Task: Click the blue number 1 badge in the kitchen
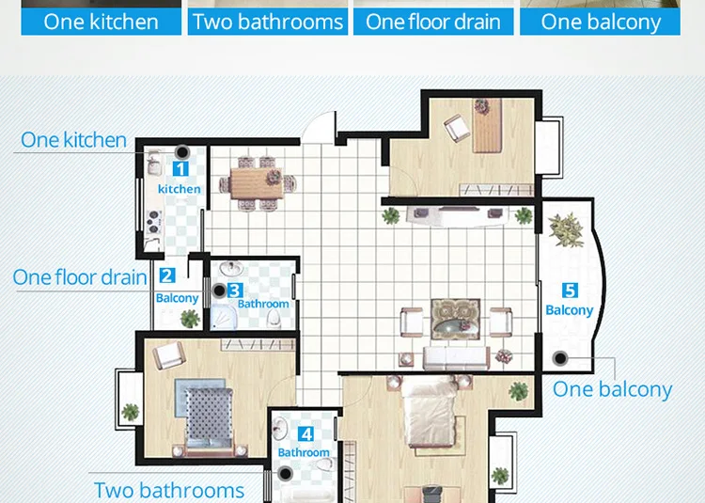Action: click(180, 169)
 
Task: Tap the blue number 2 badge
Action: click(167, 275)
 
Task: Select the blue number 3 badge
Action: click(235, 291)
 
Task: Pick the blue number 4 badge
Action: click(305, 434)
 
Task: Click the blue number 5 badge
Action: click(570, 291)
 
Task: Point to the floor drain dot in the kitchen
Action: click(182, 152)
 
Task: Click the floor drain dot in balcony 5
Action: click(560, 358)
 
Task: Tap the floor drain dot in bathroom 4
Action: click(285, 473)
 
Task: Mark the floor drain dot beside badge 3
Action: click(219, 291)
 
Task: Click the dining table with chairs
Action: click(258, 183)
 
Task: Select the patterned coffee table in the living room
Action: click(456, 319)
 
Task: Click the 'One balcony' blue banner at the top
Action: click(601, 22)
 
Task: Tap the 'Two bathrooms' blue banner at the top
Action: click(268, 22)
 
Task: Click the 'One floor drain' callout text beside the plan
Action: click(80, 277)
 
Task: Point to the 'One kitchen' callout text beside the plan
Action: click(73, 140)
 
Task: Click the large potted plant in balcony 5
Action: click(566, 229)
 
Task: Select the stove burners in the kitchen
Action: click(154, 222)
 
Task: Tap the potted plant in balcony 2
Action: click(190, 319)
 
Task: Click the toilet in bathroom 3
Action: click(274, 319)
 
